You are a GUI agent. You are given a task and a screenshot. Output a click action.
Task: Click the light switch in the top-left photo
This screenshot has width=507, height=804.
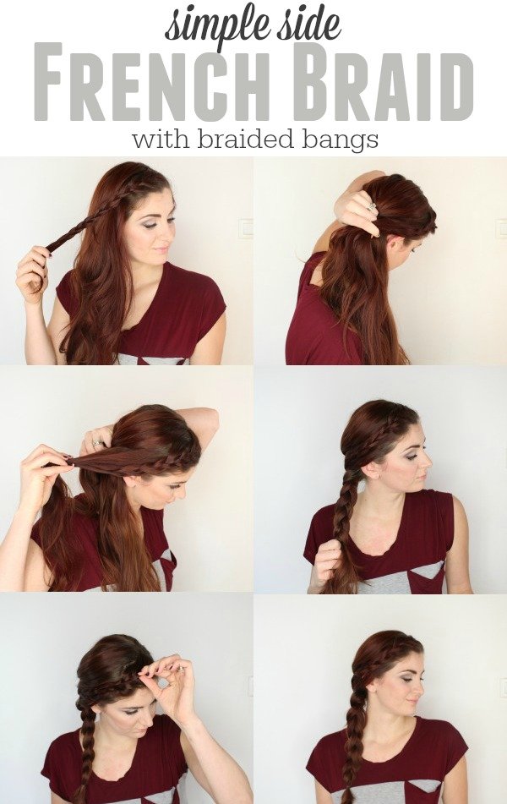click(244, 227)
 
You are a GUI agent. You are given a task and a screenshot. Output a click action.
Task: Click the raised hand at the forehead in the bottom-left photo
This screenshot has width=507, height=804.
click(172, 681)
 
